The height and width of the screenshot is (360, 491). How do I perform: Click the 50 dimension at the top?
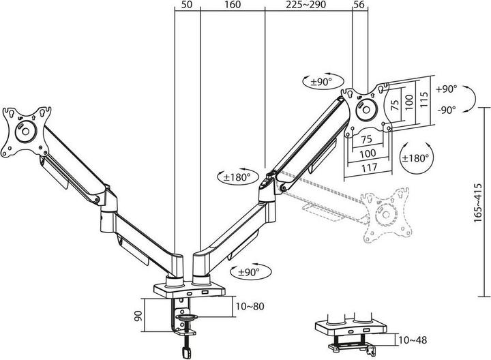click(x=187, y=5)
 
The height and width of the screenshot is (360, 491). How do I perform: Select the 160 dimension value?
click(x=232, y=5)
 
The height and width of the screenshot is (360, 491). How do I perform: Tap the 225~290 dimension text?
click(x=306, y=5)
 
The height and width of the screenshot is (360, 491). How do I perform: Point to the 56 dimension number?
click(x=360, y=5)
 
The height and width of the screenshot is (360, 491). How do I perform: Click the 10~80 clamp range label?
click(x=250, y=306)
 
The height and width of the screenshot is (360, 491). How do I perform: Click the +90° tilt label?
click(x=447, y=89)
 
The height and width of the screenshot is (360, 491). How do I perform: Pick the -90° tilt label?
click(x=447, y=108)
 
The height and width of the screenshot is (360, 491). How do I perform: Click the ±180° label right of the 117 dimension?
click(x=416, y=157)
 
